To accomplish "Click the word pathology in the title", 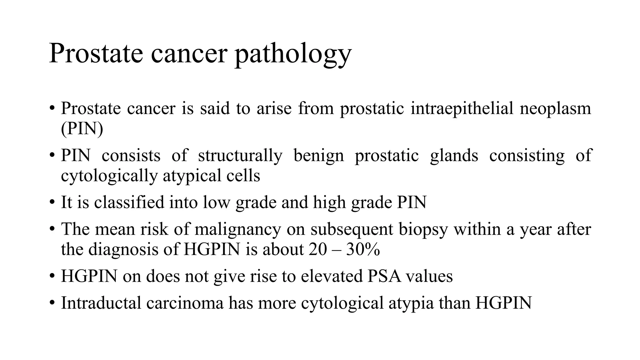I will (x=293, y=54).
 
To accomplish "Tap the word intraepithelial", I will (x=462, y=108).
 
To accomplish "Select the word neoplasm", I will (x=555, y=108).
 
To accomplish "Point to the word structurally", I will (x=240, y=155).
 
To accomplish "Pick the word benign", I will (x=318, y=155).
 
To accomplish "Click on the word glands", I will (x=454, y=155).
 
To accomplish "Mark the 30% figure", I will (x=363, y=249).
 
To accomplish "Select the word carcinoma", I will (x=185, y=303).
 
